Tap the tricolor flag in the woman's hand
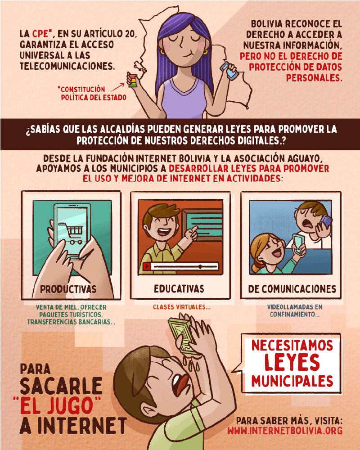pos(132,81)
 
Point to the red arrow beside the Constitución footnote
pos(118,87)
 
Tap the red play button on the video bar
pos(147,266)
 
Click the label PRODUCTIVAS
pos(68,289)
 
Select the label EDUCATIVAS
pos(179,289)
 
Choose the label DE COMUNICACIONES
pos(292,289)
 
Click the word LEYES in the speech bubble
pos(292,362)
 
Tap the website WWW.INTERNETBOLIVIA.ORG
pos(285,431)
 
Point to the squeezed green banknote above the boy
pos(183,334)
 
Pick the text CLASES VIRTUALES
pos(181,307)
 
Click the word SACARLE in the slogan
pos(61,386)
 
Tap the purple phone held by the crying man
pos(325,222)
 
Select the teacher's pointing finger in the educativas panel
pos(194,229)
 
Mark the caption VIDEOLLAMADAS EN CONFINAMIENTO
pos(295,310)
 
